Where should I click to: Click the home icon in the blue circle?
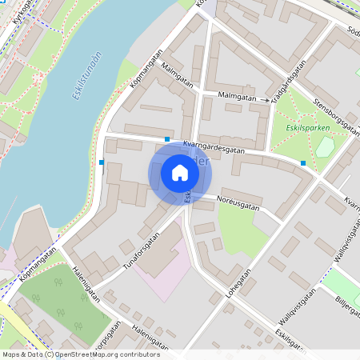click(180, 173)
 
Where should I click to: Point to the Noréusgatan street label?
click(239, 206)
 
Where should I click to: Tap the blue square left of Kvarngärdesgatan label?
click(166, 140)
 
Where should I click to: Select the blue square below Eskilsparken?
click(303, 163)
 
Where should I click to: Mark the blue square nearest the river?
click(102, 162)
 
